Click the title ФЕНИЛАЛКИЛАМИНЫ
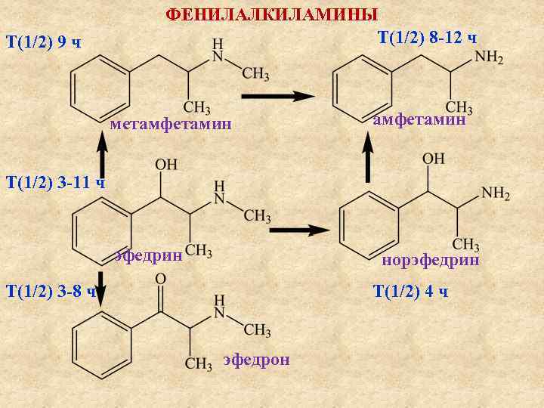272,14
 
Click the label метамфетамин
170,124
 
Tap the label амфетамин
419,119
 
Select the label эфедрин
149,255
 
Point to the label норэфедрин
431,261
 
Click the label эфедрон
256,359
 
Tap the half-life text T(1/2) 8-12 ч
427,38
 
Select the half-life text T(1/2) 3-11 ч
54,182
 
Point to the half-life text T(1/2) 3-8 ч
50,291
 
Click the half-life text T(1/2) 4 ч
411,292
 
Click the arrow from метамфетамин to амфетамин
277,96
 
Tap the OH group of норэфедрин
433,159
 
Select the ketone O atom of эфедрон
160,280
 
